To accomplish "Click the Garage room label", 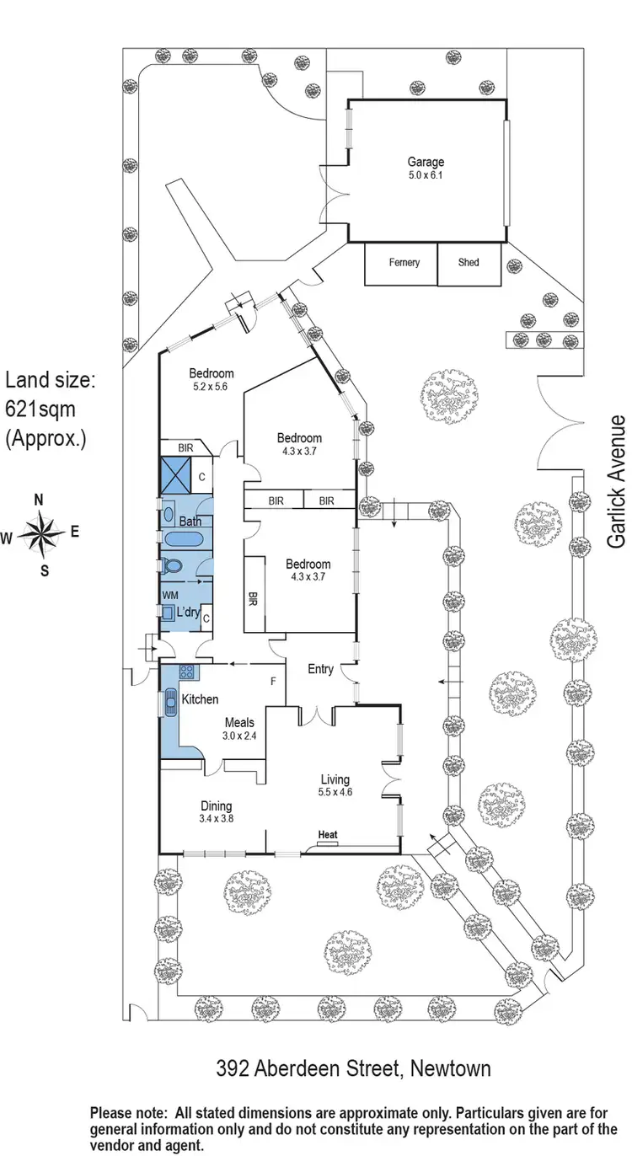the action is [x=426, y=162].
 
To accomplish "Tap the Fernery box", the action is [x=401, y=264].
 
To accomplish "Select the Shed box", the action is [x=469, y=264].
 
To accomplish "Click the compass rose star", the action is [x=40, y=533].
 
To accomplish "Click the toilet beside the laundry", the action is [x=171, y=566].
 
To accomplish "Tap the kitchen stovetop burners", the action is [x=187, y=672].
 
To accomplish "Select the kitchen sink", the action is [x=169, y=702].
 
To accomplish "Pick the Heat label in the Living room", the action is [x=328, y=834].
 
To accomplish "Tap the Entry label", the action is [x=321, y=669].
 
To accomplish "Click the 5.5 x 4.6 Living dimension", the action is [x=335, y=792].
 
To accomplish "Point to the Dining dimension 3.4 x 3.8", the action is [x=217, y=818].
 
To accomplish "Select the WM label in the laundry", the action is [x=170, y=595].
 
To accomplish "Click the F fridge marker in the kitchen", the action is [x=273, y=681].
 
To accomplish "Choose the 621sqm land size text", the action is [x=40, y=409].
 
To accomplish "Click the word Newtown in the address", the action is [x=450, y=1068].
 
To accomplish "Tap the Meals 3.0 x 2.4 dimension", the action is [x=239, y=736].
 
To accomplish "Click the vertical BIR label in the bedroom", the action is [x=253, y=598].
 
